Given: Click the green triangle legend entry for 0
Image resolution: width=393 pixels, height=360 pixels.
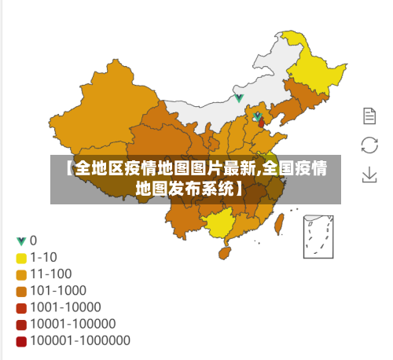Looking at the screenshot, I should pos(21,241).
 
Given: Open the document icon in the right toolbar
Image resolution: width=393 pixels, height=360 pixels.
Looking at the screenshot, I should pos(369,116).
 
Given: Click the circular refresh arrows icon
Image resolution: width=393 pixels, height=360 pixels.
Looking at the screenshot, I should pos(369,145).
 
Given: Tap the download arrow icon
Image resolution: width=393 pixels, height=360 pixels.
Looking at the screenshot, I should pos(369,174).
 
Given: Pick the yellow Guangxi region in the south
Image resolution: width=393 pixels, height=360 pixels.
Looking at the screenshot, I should pos(224,224).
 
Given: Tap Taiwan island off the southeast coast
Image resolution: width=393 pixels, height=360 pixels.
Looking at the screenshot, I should pos(281,221).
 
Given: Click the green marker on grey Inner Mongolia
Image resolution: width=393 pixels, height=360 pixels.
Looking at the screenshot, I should pos(239,98).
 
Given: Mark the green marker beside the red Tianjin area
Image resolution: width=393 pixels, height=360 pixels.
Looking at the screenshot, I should pos(257,116).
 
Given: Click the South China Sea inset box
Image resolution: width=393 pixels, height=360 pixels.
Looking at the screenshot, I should pos(322,234).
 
